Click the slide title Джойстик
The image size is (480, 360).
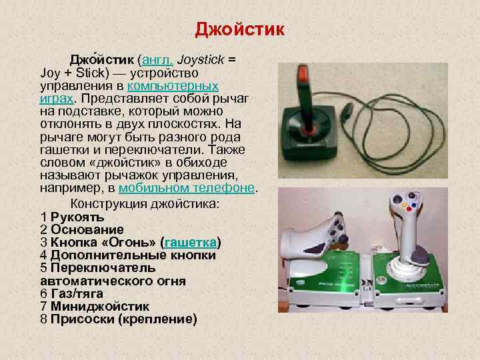(240, 31)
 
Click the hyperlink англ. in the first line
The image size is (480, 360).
(158, 59)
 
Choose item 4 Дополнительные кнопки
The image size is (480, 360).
(127, 255)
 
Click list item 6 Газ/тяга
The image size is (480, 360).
(74, 294)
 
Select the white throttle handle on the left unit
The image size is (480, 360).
(313, 230)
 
